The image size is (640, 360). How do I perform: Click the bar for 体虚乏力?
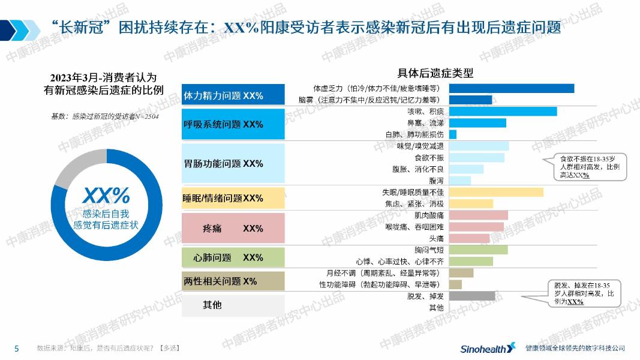point(511,88)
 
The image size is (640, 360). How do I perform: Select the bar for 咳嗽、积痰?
point(503,112)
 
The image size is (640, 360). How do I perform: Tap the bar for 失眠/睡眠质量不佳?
point(496,192)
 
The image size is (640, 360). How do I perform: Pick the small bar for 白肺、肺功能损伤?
point(453,134)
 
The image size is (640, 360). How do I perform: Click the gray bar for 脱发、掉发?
point(472,296)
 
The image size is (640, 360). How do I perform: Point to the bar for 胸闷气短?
point(478,250)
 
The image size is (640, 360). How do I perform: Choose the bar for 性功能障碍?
point(455,284)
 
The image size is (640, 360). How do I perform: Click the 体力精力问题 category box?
point(233,95)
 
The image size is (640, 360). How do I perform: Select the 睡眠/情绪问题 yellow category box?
point(233,198)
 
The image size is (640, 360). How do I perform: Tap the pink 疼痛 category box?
point(233,229)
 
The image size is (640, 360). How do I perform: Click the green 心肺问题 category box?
point(233,257)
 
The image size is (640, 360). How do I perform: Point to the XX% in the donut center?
point(106,195)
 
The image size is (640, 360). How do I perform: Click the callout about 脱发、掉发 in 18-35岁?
point(584,293)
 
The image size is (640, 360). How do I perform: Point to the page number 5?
point(17,348)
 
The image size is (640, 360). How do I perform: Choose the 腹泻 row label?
point(436,181)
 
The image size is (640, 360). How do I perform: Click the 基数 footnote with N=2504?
point(104,116)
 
